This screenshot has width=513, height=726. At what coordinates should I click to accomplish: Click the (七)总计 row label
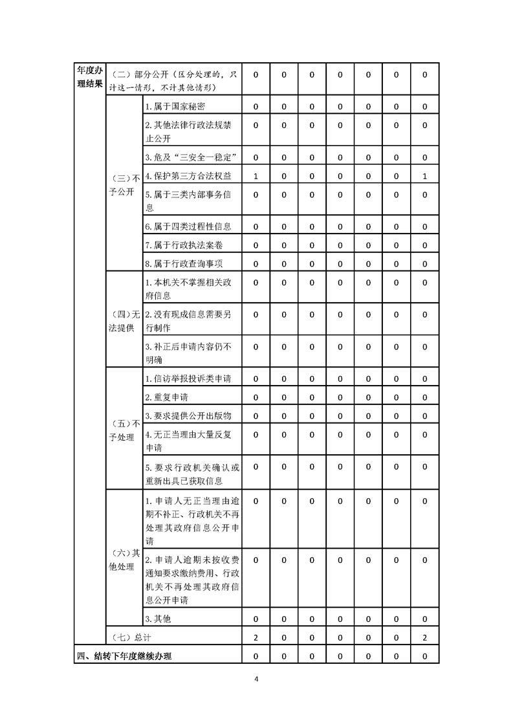(127, 637)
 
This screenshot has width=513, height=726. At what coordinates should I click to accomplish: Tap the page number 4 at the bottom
(257, 679)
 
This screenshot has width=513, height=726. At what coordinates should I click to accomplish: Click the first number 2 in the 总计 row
(256, 637)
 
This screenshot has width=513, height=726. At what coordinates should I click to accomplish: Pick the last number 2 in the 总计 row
(424, 637)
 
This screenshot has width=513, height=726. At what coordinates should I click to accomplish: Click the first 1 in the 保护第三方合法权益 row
(256, 176)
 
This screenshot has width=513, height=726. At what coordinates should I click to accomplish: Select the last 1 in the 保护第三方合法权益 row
(424, 176)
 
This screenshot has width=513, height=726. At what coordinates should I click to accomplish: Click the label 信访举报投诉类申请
(188, 379)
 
